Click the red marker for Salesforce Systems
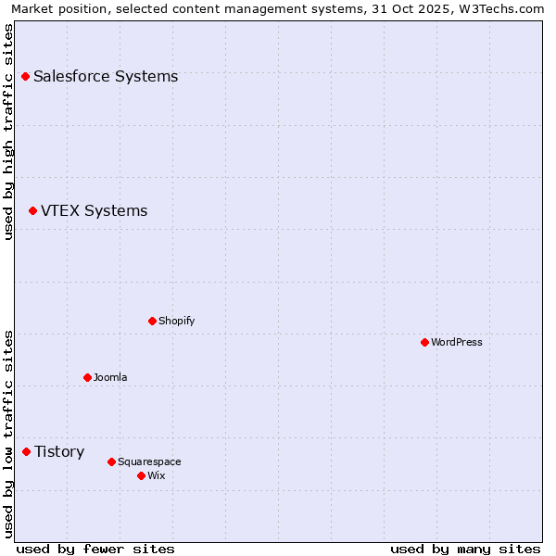coord(25,76)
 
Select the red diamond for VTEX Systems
coord(32,211)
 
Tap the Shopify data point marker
coord(152,321)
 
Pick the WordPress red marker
coord(424,342)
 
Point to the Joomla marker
coord(87,377)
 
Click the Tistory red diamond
coord(26,451)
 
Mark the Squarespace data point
coord(111,461)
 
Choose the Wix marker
coord(141,475)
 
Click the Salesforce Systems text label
coord(106,76)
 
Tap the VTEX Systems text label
coord(94,211)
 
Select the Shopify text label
coord(176,321)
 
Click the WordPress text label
coord(456,342)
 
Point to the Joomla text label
coord(110,377)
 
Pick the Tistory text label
coord(59,451)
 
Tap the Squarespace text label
coord(149,461)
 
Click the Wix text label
coord(156,475)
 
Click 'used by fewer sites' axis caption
coord(95,549)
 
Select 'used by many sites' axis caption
coord(465,549)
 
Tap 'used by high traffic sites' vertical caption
coord(9,132)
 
